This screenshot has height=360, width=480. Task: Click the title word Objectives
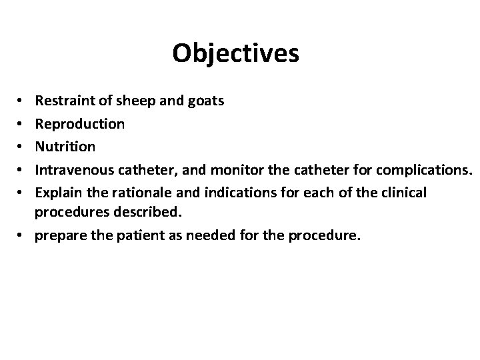point(235,53)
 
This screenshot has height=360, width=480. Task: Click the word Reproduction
point(79,124)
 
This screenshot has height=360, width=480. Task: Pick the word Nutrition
point(65,146)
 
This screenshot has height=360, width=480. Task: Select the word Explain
point(56,191)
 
